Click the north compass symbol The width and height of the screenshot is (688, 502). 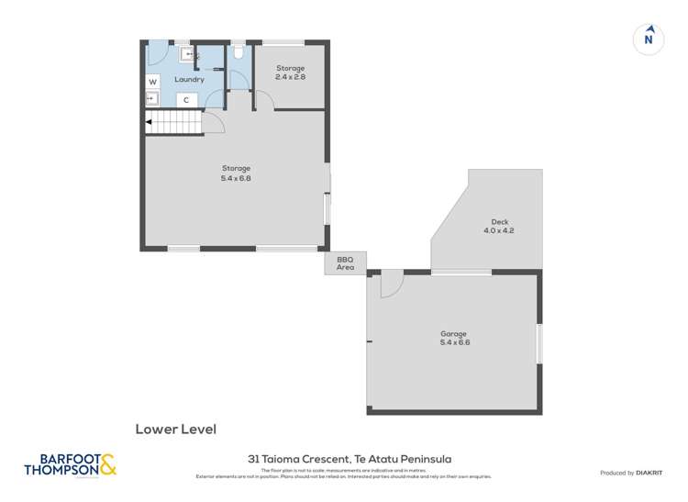point(649,39)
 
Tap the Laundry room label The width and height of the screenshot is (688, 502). point(189,80)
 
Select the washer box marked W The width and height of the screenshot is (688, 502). point(152,82)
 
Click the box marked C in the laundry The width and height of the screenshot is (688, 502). point(186,99)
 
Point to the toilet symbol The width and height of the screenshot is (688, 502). point(239,53)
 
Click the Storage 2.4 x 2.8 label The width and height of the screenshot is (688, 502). point(291,73)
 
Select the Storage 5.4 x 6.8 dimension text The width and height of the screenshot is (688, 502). point(236,178)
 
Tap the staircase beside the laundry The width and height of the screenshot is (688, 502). point(173,122)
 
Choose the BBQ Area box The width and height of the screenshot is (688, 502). point(345,263)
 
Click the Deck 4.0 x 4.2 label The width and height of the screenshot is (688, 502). point(499,227)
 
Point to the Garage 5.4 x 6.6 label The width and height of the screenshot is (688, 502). point(453,338)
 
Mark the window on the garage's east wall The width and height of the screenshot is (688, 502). point(539,342)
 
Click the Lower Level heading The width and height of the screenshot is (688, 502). point(175,428)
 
